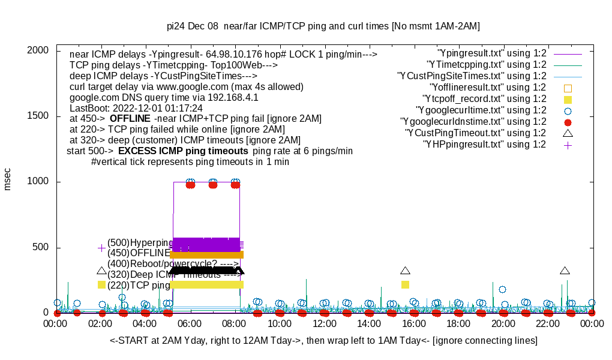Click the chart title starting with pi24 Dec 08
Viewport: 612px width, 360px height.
tap(323, 26)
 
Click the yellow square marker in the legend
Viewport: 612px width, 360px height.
tap(568, 99)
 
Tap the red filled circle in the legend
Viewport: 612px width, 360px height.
tap(568, 122)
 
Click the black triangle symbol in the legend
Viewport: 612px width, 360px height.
tap(568, 133)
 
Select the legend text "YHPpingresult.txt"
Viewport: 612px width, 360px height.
tap(485, 145)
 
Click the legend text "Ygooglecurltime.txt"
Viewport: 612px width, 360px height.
tap(481, 110)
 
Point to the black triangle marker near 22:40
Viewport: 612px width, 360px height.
tap(565, 271)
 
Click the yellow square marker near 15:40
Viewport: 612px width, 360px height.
tap(405, 284)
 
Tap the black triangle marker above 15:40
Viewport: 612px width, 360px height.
tap(405, 271)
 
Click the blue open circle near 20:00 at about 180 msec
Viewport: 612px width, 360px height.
tap(502, 289)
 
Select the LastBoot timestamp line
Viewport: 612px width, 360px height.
tap(136, 108)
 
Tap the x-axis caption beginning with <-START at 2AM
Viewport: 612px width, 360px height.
tap(323, 341)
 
